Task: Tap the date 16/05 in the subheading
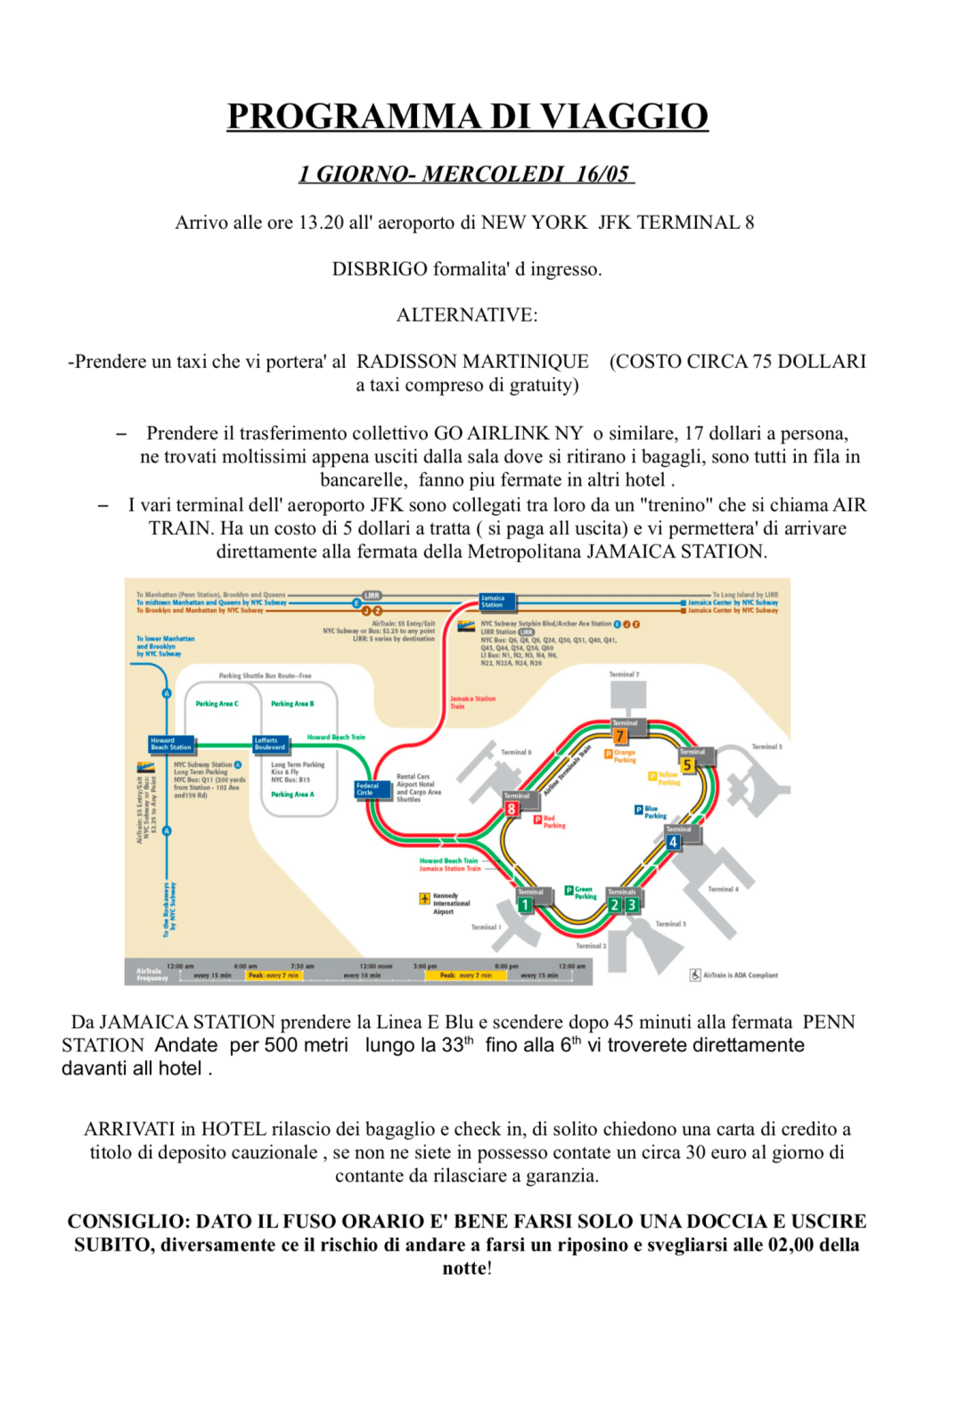tap(602, 174)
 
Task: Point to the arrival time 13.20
tap(321, 223)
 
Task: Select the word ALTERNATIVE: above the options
tap(467, 315)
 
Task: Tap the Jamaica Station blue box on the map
tap(496, 601)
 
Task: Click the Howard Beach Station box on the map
tap(170, 744)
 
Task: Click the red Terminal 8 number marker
tap(512, 809)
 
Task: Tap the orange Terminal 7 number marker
tap(620, 736)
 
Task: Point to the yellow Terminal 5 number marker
tap(687, 765)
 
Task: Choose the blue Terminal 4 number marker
tap(673, 842)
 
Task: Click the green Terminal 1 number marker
tap(526, 905)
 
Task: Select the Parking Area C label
tap(217, 704)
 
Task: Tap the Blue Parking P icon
tap(638, 810)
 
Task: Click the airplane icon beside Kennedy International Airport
tap(425, 899)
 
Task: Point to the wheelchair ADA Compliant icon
tap(695, 975)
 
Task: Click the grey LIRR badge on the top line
tap(372, 595)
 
